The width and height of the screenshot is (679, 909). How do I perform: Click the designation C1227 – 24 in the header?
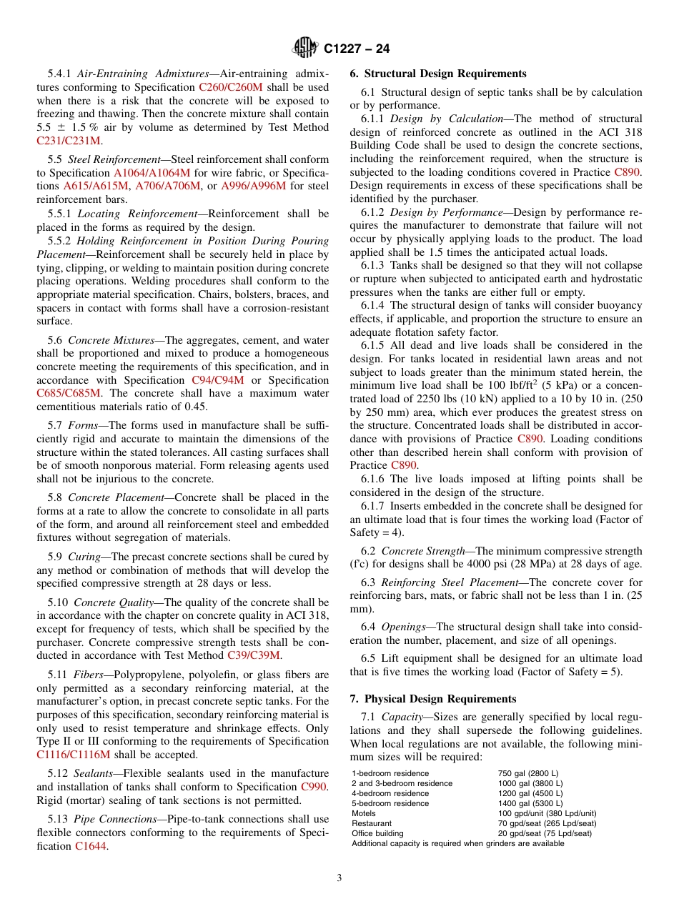click(357, 49)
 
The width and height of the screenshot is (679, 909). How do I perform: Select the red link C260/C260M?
click(231, 86)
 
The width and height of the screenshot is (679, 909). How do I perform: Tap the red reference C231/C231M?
click(69, 141)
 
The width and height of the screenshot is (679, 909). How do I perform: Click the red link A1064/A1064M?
click(152, 173)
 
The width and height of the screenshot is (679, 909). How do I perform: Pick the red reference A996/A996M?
click(253, 186)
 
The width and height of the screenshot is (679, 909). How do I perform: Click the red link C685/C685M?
click(69, 393)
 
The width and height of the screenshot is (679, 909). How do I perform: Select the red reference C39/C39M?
click(253, 655)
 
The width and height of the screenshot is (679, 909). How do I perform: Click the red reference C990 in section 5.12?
click(314, 787)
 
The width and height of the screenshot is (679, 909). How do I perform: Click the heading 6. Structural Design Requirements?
click(437, 74)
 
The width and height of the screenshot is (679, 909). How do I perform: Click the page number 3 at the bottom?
click(339, 878)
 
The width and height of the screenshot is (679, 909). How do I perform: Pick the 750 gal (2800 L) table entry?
click(527, 773)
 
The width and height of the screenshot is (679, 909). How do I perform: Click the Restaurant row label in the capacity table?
click(372, 823)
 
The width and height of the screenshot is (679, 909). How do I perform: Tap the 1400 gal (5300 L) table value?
click(530, 803)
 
